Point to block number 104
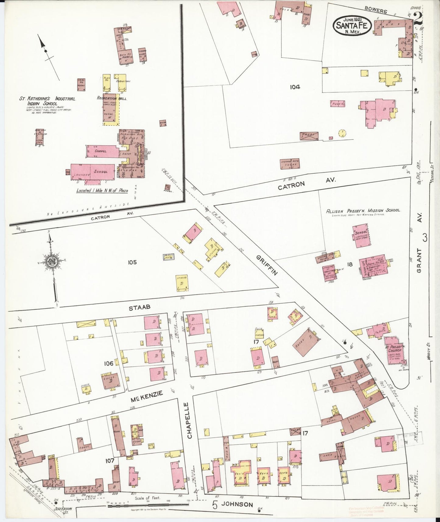(294, 87)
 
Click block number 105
(132, 262)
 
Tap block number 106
(108, 363)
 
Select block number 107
(110, 461)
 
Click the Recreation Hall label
(112, 98)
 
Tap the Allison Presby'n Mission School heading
(363, 211)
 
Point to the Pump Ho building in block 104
(337, 104)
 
